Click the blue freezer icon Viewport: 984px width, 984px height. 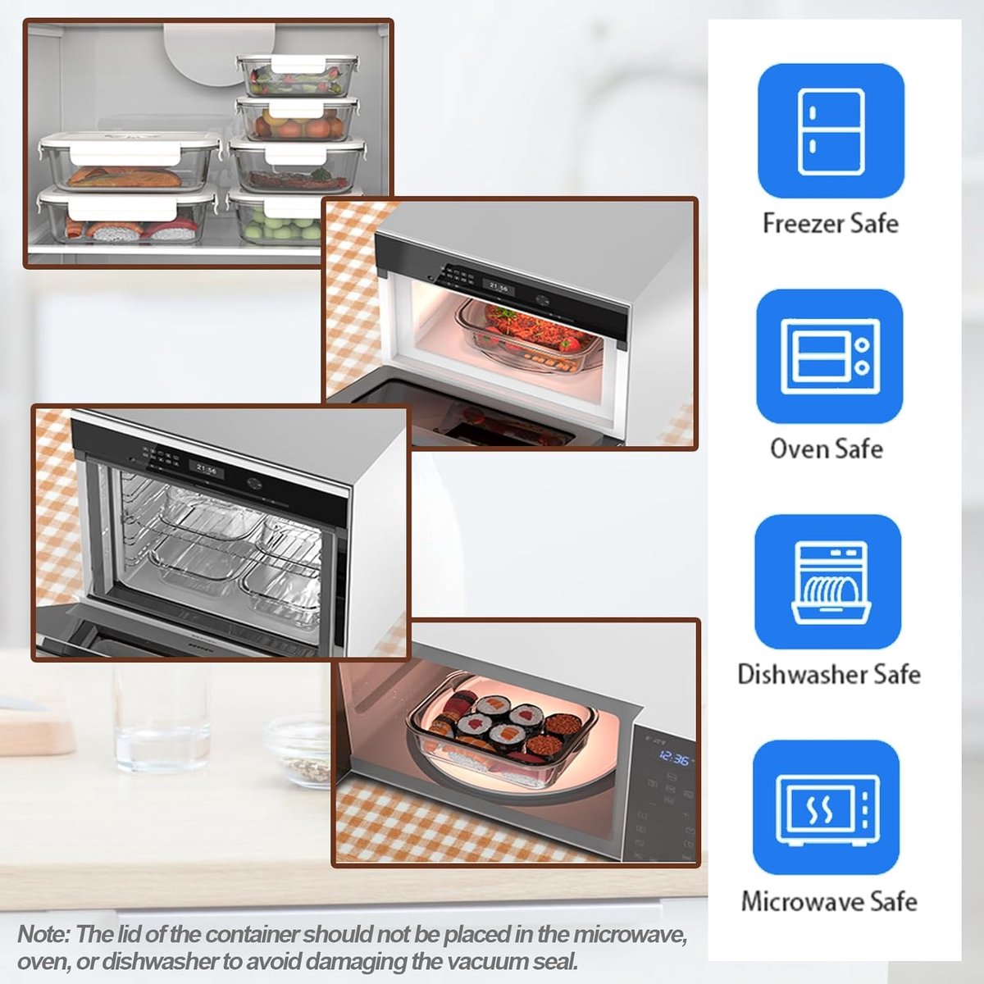(831, 130)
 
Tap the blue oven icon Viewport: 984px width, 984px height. (830, 356)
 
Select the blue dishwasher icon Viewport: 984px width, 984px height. (827, 581)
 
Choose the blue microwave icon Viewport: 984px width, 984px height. (827, 808)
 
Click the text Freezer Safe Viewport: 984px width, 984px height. (831, 223)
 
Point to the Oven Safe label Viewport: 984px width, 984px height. (827, 449)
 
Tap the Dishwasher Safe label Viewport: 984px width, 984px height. (829, 674)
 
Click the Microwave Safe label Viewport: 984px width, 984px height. (829, 900)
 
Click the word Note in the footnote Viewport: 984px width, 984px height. (43, 935)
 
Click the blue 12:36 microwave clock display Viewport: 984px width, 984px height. (674, 758)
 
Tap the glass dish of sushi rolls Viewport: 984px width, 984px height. (503, 734)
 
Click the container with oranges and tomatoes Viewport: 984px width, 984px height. (297, 120)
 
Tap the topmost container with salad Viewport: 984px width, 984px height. (297, 75)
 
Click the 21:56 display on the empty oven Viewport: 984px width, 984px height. (207, 469)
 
